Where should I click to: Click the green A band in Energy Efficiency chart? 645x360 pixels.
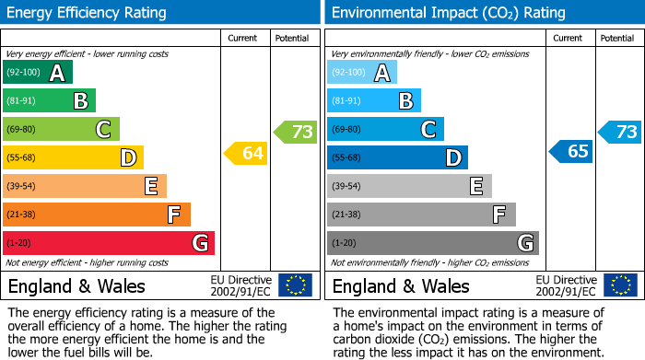click(37, 73)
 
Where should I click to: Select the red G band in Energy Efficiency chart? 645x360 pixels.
click(108, 243)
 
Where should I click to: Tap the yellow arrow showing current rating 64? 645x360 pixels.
click(246, 154)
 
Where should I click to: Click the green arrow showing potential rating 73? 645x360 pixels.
click(296, 132)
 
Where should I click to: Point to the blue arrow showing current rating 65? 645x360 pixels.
click(571, 152)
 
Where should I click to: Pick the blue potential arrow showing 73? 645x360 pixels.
click(620, 132)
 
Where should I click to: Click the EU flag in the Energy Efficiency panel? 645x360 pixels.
click(295, 285)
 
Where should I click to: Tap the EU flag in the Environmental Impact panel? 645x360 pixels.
click(619, 285)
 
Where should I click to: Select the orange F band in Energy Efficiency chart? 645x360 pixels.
click(96, 215)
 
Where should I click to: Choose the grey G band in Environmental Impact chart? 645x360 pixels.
click(432, 243)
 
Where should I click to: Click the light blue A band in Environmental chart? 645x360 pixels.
click(361, 73)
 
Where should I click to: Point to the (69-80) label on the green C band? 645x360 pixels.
click(21, 130)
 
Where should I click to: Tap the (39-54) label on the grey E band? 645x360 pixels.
click(346, 187)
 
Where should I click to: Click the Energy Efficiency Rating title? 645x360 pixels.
click(87, 13)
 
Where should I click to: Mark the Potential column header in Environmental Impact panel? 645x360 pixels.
click(617, 38)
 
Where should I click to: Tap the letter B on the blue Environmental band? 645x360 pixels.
click(405, 101)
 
